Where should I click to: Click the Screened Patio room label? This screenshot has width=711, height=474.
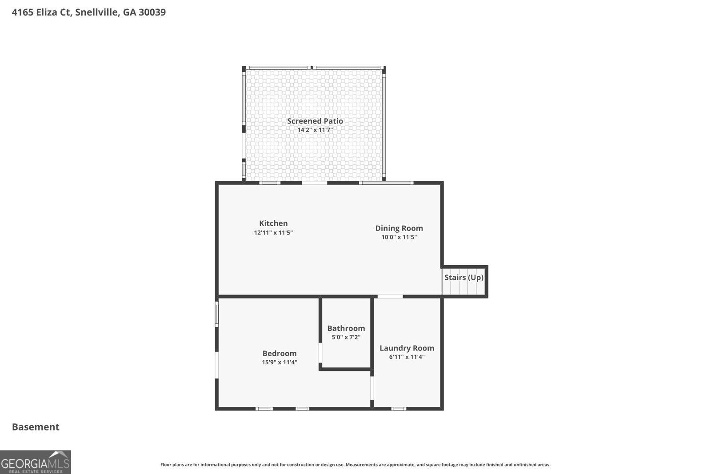315,121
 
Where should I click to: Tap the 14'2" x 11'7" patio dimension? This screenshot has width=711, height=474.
315,130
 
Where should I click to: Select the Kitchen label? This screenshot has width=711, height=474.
273,223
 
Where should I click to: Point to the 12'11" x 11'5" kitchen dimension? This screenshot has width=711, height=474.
273,233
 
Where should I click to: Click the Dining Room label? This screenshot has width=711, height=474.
399,228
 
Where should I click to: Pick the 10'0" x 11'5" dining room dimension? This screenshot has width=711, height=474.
399,237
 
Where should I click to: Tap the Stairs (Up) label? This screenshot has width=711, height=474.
464,278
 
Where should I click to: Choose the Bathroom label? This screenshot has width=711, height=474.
346,328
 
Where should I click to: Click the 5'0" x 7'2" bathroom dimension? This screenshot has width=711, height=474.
346,337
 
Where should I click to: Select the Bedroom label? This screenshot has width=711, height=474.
280,353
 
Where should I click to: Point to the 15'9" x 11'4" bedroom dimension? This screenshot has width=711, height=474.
280,362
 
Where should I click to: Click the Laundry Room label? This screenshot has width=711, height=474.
407,348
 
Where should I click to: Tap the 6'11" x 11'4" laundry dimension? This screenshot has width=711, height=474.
407,357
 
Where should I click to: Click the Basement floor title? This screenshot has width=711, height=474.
36,427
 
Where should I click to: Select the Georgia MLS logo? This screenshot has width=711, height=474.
35,462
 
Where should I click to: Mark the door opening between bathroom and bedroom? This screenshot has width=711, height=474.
320,352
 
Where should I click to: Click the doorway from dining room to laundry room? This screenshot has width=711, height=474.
390,297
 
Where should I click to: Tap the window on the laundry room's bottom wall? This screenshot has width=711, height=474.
399,409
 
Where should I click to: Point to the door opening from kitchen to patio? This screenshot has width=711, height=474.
314,183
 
